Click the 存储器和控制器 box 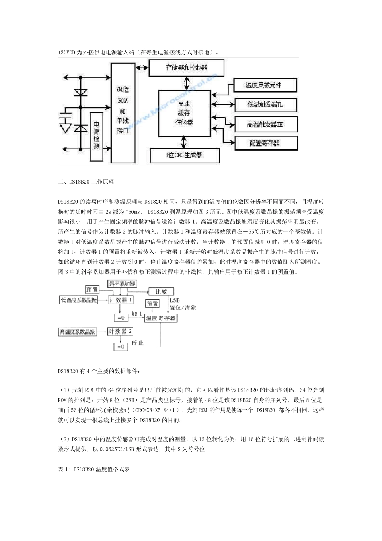pos(187,68)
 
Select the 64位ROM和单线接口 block pos(123,112)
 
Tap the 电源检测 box pos(97,136)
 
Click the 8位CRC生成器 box pos(184,155)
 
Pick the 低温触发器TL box pos(265,105)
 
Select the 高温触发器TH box pos(265,124)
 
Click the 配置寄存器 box pos(265,143)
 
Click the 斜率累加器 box pos(122,283)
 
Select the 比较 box pos(161,291)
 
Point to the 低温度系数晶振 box pos(78,300)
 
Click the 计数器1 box pos(121,300)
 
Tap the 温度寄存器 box pos(161,318)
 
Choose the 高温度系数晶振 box pos(77,332)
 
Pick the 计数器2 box pos(120,331)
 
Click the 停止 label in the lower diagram pos(138,343)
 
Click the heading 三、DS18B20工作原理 pos(86,182)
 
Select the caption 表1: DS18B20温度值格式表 pos(94,469)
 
